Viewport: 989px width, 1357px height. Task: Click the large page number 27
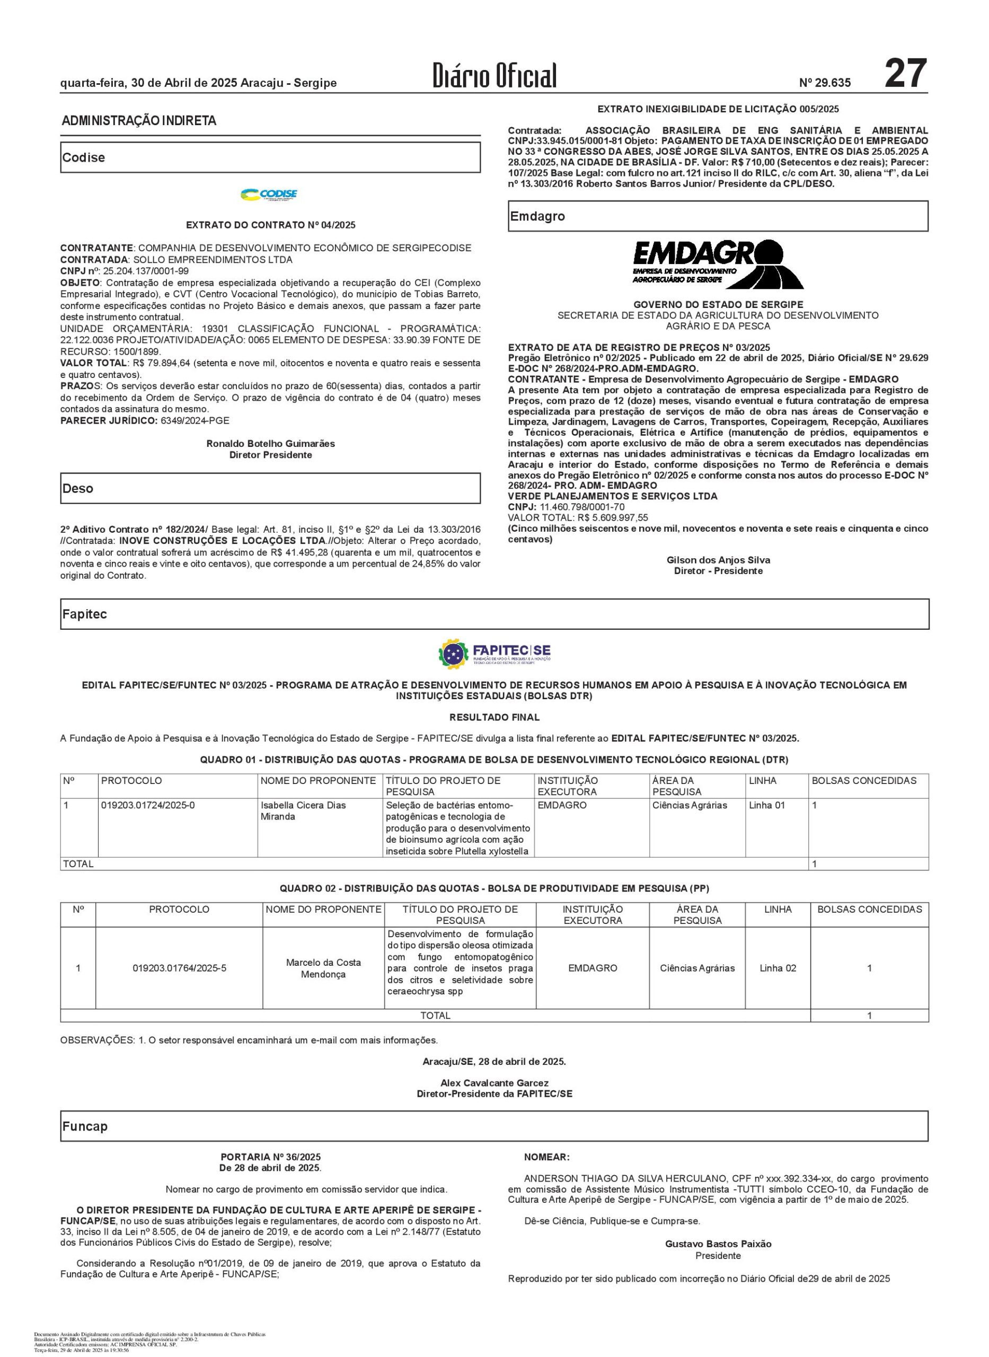click(x=905, y=74)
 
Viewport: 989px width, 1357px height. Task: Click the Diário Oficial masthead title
click(x=494, y=76)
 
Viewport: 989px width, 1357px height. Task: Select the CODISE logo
click(x=269, y=195)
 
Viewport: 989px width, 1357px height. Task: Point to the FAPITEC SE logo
click(x=494, y=653)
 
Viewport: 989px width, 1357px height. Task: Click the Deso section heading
click(x=78, y=488)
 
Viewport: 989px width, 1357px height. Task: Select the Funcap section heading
click(x=85, y=1126)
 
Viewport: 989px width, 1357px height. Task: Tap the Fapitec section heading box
click(x=494, y=614)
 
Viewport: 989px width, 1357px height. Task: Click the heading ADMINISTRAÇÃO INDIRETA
click(x=139, y=121)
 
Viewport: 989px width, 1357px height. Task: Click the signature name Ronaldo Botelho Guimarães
click(x=271, y=444)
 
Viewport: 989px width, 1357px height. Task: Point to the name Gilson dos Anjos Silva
click(x=718, y=560)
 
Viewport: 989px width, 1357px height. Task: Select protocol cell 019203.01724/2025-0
click(x=148, y=805)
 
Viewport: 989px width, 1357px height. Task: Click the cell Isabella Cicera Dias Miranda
click(x=303, y=810)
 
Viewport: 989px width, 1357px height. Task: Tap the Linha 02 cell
click(x=778, y=968)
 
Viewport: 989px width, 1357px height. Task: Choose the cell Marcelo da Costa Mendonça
click(x=323, y=968)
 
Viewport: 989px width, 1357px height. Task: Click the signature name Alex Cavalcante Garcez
click(x=494, y=1082)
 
